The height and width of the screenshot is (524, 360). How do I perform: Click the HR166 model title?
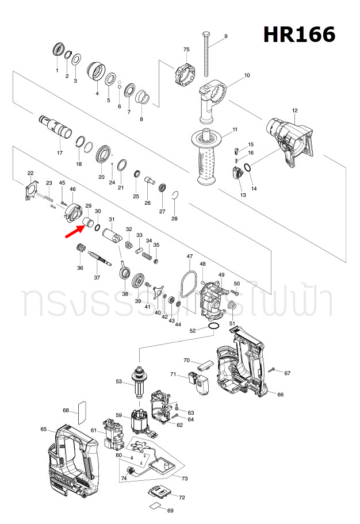[x=299, y=35]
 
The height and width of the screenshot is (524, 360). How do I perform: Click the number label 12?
[x=294, y=110]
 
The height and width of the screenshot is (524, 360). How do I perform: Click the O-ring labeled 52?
[x=213, y=326]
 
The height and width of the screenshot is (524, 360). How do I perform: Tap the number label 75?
[x=186, y=49]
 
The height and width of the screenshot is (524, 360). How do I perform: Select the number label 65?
[x=44, y=429]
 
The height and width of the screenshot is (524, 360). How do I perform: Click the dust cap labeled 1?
[x=58, y=50]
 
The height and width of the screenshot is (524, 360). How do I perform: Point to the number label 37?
[x=97, y=277]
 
